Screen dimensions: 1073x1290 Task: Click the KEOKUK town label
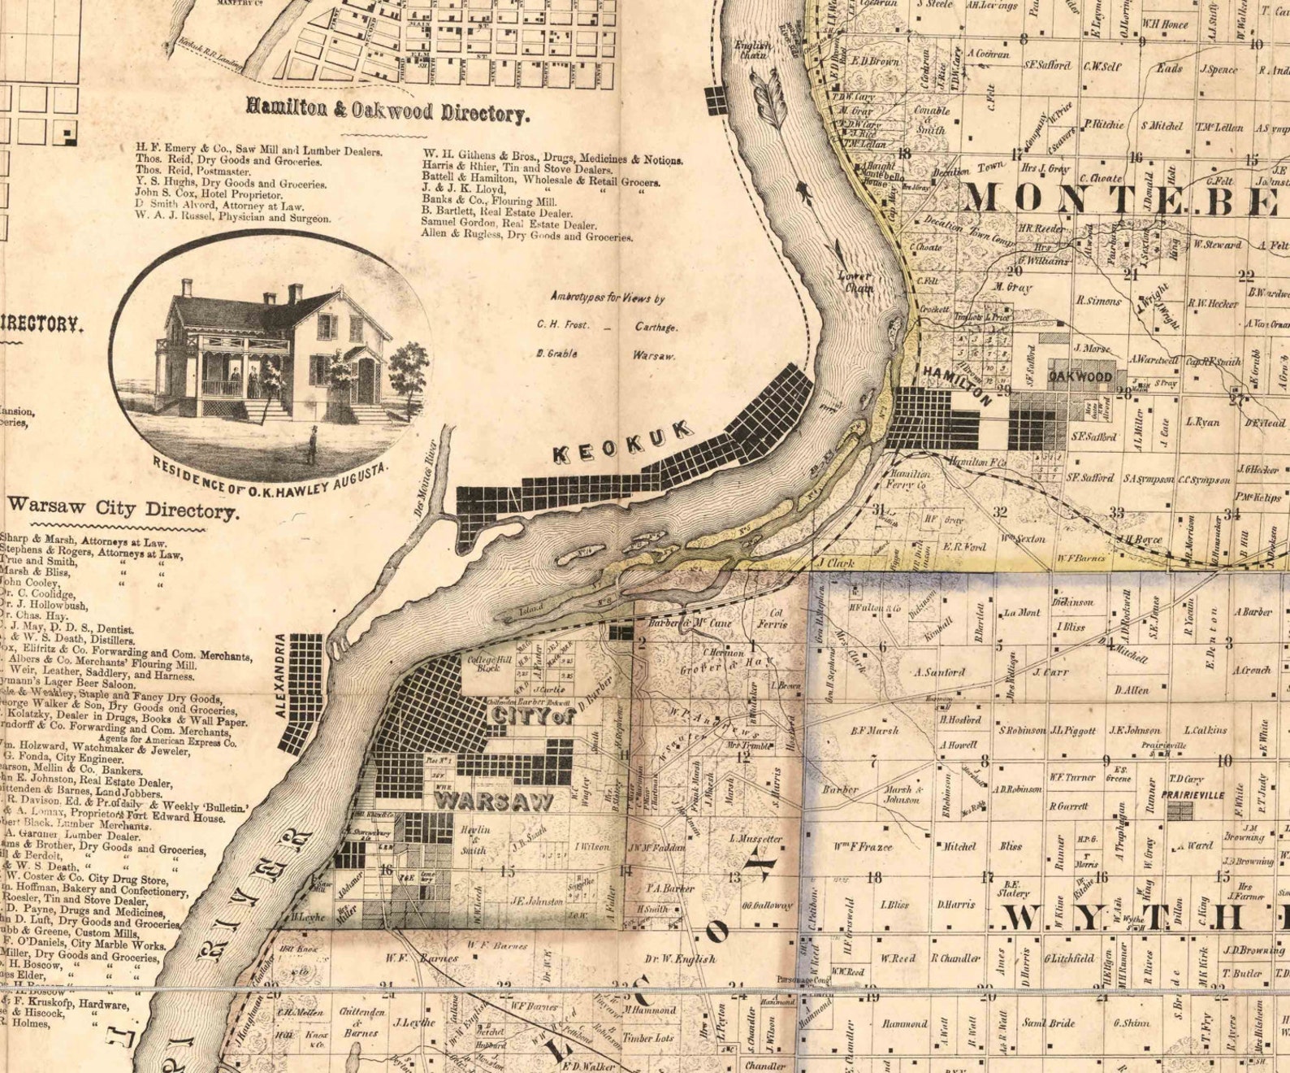[624, 443]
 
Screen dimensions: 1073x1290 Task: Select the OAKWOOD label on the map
[1080, 377]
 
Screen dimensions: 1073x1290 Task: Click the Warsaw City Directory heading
[123, 510]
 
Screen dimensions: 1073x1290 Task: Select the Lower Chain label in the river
[855, 281]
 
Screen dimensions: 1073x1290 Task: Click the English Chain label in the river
[752, 50]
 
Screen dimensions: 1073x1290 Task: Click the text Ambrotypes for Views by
[607, 298]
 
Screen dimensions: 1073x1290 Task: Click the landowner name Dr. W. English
[682, 958]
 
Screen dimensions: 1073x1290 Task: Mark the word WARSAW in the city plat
[494, 801]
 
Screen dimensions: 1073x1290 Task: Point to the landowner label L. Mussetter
[755, 838]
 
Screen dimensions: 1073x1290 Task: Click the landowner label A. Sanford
[939, 671]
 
